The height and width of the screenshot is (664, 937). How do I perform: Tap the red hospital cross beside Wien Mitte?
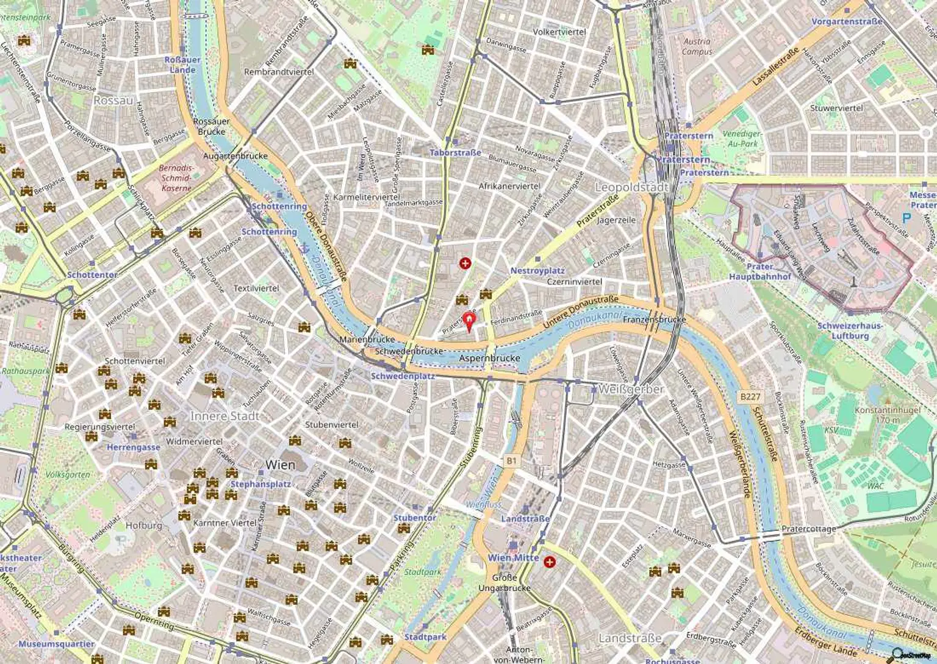tap(550, 562)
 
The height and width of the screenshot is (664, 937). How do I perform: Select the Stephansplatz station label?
tap(260, 485)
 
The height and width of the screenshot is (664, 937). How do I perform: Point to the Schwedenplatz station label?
tap(403, 376)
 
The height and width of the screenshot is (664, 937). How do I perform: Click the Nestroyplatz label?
tap(537, 271)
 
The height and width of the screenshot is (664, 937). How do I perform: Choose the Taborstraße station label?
tap(455, 152)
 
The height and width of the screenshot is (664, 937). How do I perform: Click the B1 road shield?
tap(511, 462)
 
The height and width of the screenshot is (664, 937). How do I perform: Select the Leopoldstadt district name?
tap(631, 187)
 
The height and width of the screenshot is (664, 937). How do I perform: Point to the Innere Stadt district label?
tap(225, 416)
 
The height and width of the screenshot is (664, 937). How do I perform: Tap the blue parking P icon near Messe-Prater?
tap(906, 216)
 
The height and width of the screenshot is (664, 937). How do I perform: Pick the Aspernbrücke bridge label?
tap(490, 358)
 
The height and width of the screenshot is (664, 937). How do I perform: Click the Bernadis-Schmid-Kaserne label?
tap(176, 178)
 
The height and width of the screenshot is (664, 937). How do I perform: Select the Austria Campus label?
tap(697, 46)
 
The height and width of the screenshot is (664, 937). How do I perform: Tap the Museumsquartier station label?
tap(56, 644)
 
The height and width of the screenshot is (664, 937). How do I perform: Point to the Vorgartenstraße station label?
tap(847, 21)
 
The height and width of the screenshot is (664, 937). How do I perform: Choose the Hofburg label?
tap(144, 525)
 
